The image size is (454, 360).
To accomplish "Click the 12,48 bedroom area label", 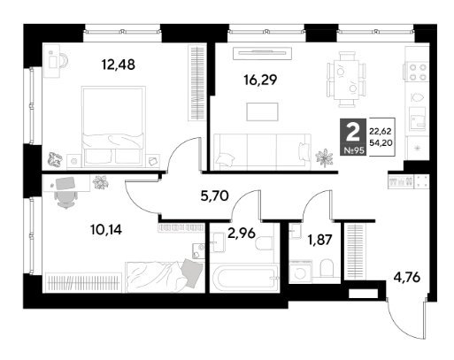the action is [118, 65].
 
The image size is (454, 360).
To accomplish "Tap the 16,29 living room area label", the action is [260, 80].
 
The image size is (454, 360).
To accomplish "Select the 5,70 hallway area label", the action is [214, 195].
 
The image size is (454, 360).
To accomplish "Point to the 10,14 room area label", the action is [106, 229].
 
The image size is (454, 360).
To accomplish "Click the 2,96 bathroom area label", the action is [242, 234].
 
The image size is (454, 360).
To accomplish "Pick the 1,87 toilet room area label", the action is [320, 240].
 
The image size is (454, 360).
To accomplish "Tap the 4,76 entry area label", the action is [407, 278].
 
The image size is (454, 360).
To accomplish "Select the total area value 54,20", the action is [381, 143].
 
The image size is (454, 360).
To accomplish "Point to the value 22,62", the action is [381, 132].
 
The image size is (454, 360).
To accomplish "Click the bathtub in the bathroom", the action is [244, 278].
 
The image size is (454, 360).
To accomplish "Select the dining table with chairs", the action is [347, 80].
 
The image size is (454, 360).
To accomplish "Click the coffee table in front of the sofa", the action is [262, 111].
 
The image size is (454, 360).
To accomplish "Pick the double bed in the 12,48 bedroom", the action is [113, 126].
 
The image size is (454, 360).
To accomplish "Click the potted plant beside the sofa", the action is [324, 157].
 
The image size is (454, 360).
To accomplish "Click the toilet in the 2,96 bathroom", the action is [264, 244].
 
